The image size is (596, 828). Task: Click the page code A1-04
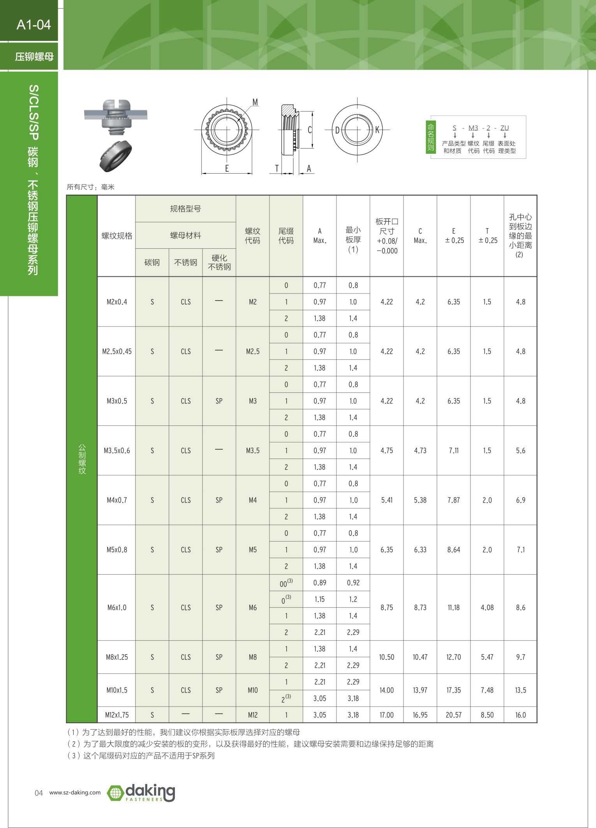pyautogui.click(x=34, y=25)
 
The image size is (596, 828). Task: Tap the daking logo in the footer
pyautogui.click(x=141, y=793)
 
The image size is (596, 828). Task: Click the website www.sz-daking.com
pyautogui.click(x=75, y=793)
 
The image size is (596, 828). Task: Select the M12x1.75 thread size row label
pyautogui.click(x=117, y=715)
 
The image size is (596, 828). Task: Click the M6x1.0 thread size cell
pyautogui.click(x=117, y=608)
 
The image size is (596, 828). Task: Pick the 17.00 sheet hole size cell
pyautogui.click(x=386, y=715)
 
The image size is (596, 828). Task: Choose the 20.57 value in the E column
pyautogui.click(x=453, y=715)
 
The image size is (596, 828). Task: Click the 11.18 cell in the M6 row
pyautogui.click(x=453, y=608)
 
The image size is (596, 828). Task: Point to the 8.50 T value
pyautogui.click(x=487, y=715)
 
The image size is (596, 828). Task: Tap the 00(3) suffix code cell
pyautogui.click(x=286, y=583)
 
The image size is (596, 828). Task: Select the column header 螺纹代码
pyautogui.click(x=252, y=236)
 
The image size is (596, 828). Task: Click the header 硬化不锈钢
pyautogui.click(x=219, y=262)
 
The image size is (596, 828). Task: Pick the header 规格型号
pyautogui.click(x=185, y=209)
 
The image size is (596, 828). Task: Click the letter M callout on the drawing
pyautogui.click(x=255, y=102)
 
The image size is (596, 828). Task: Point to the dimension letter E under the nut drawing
pyautogui.click(x=227, y=169)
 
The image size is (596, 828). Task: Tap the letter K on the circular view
pyautogui.click(x=377, y=130)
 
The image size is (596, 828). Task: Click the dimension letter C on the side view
pyautogui.click(x=310, y=130)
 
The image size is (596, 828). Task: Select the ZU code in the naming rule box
pyautogui.click(x=504, y=128)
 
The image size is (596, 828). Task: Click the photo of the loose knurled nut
pyautogui.click(x=115, y=156)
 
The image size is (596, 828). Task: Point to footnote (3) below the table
pyautogui.click(x=141, y=756)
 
